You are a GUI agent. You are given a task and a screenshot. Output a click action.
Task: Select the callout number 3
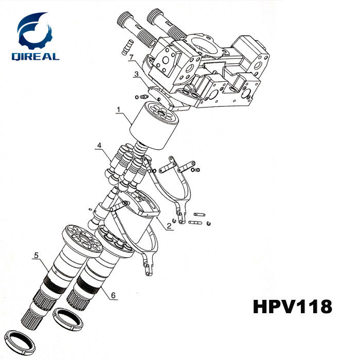click(136, 75)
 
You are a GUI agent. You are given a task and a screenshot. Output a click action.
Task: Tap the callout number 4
click(99, 146)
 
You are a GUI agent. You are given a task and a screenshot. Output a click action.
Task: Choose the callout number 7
click(132, 56)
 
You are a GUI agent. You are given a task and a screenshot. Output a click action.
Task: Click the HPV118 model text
click(293, 307)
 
